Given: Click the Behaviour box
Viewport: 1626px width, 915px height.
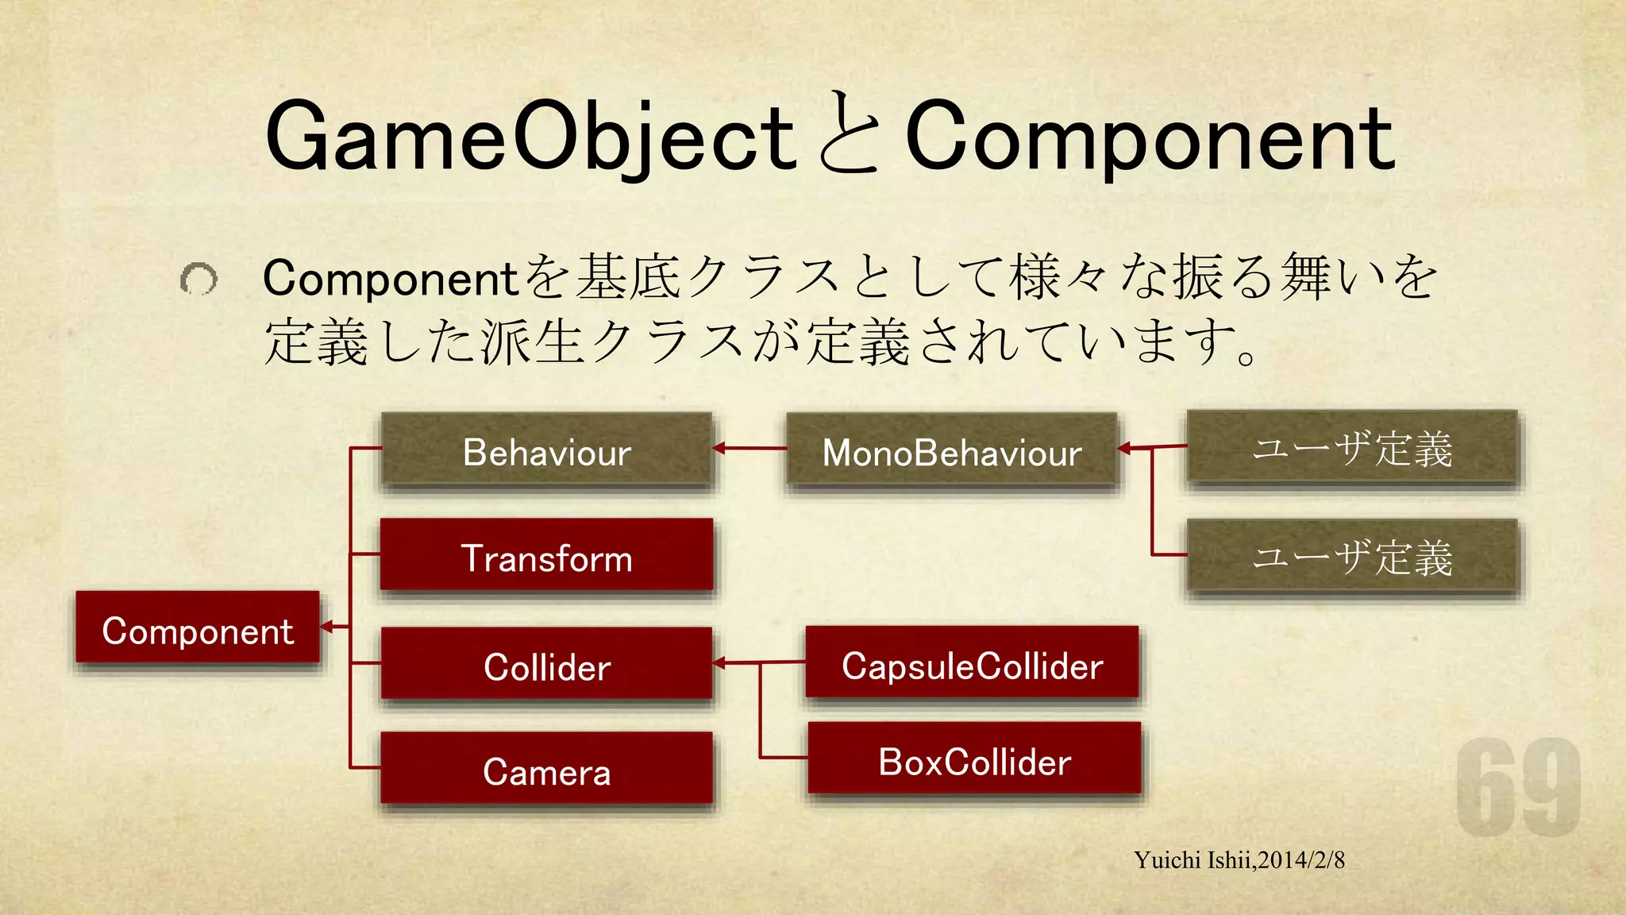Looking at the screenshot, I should tap(546, 450).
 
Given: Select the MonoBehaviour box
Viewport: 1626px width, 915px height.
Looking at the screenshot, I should tap(951, 450).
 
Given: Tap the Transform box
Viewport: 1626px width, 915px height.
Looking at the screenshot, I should tap(546, 556).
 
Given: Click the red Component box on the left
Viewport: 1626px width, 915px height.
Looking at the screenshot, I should tap(198, 627).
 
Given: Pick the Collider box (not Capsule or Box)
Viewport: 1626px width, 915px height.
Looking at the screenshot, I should tap(546, 664).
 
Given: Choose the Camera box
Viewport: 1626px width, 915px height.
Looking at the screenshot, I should tap(546, 769).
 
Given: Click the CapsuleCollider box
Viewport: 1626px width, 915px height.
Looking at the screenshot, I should tap(972, 663).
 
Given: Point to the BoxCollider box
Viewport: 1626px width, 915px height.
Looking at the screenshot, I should tap(974, 759).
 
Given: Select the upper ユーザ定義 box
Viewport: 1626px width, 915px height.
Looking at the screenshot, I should tap(1351, 447).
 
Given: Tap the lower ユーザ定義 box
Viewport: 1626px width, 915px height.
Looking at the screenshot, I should tap(1351, 556).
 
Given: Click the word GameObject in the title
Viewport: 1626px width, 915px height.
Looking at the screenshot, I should tap(530, 137).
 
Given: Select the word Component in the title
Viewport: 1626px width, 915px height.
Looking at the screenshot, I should tap(1150, 137).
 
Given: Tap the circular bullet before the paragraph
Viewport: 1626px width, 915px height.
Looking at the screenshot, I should tap(198, 279).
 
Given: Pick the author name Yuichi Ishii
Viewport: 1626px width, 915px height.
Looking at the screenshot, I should tap(1193, 860).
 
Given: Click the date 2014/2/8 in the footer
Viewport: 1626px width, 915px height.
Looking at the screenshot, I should tap(1301, 860).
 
